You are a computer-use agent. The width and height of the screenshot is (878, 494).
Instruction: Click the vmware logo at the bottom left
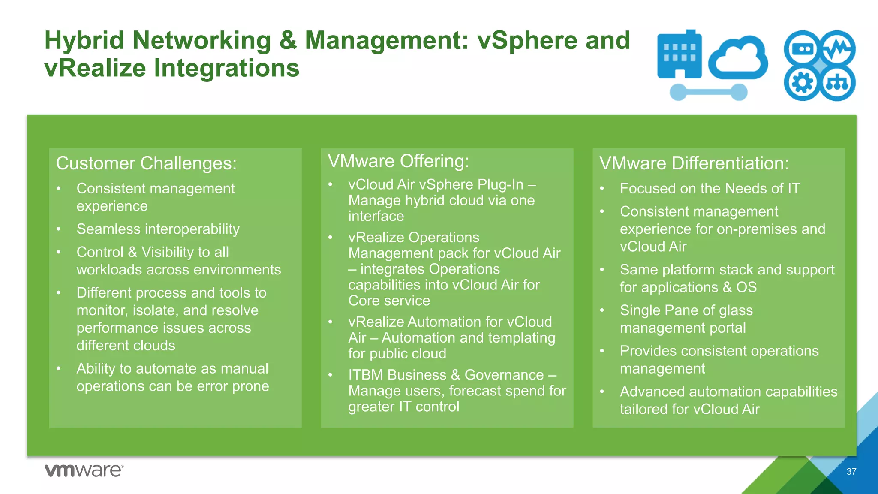pos(84,470)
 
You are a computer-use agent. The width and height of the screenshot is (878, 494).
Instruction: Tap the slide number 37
pos(851,472)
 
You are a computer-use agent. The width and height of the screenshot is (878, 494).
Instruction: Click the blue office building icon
pos(680,55)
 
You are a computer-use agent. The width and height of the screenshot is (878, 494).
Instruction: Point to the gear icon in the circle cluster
pos(802,83)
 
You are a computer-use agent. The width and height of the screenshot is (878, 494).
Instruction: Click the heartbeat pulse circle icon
pos(837,48)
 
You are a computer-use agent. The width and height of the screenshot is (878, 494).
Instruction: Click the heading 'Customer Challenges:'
pos(146,163)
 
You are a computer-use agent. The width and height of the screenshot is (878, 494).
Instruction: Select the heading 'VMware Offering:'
pos(398,161)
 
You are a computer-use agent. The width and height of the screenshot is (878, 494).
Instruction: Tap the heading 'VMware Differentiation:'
pos(694,163)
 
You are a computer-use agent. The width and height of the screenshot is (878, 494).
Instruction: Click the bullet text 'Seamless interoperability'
pos(158,229)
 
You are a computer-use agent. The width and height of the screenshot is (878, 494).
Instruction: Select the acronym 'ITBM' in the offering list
pos(365,375)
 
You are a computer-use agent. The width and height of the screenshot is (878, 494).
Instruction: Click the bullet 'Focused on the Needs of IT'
pos(710,188)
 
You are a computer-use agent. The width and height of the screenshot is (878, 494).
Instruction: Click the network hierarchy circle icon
pos(837,83)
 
